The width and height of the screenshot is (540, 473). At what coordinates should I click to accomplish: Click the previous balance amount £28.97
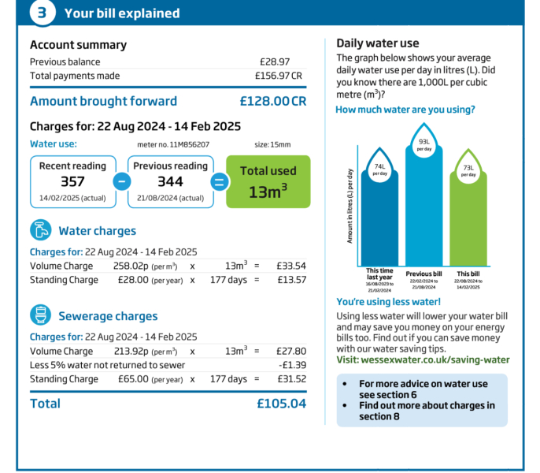(x=275, y=61)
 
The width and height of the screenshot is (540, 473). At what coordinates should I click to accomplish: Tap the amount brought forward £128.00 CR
(x=272, y=102)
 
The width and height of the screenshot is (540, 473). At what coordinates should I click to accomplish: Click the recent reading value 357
(x=72, y=182)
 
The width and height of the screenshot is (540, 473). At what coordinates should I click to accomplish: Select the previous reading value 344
(x=170, y=182)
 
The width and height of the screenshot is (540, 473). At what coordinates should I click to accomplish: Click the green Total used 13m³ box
(x=268, y=181)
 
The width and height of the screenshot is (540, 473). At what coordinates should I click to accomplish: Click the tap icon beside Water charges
(x=41, y=230)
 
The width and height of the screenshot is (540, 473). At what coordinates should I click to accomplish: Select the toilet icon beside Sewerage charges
(x=41, y=315)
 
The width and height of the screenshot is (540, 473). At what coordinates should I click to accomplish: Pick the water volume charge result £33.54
(x=290, y=266)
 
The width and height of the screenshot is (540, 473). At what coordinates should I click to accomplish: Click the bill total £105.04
(x=281, y=404)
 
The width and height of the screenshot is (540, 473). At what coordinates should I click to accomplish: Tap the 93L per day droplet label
(x=424, y=144)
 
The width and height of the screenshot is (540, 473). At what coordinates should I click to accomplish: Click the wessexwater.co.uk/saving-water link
(x=435, y=359)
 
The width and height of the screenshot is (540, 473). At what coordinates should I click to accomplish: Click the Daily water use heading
(x=377, y=43)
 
